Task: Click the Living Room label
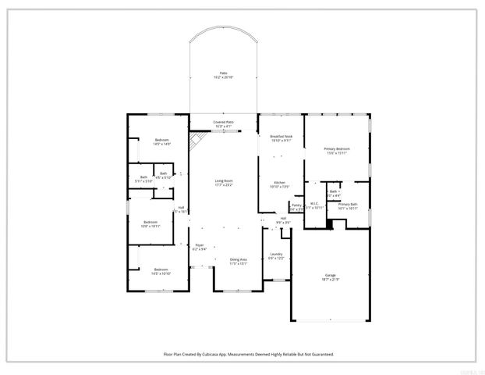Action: pos(224,183)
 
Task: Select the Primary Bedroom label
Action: pos(336,150)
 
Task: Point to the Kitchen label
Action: pos(278,184)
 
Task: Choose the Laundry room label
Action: pos(276,255)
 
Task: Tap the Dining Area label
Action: pos(238,261)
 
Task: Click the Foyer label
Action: pos(200,247)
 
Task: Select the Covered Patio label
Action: pos(224,123)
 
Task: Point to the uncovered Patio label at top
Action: pos(224,75)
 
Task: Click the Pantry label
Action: pos(296,206)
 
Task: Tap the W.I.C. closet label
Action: pos(313,205)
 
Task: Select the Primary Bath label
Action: pos(347,205)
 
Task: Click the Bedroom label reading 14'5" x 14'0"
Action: pos(161,142)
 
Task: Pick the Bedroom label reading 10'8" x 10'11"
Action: pos(150,223)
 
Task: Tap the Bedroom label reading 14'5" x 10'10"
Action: pos(161,271)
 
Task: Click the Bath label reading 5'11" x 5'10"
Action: pos(143,180)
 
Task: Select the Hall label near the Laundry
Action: pos(283,221)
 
